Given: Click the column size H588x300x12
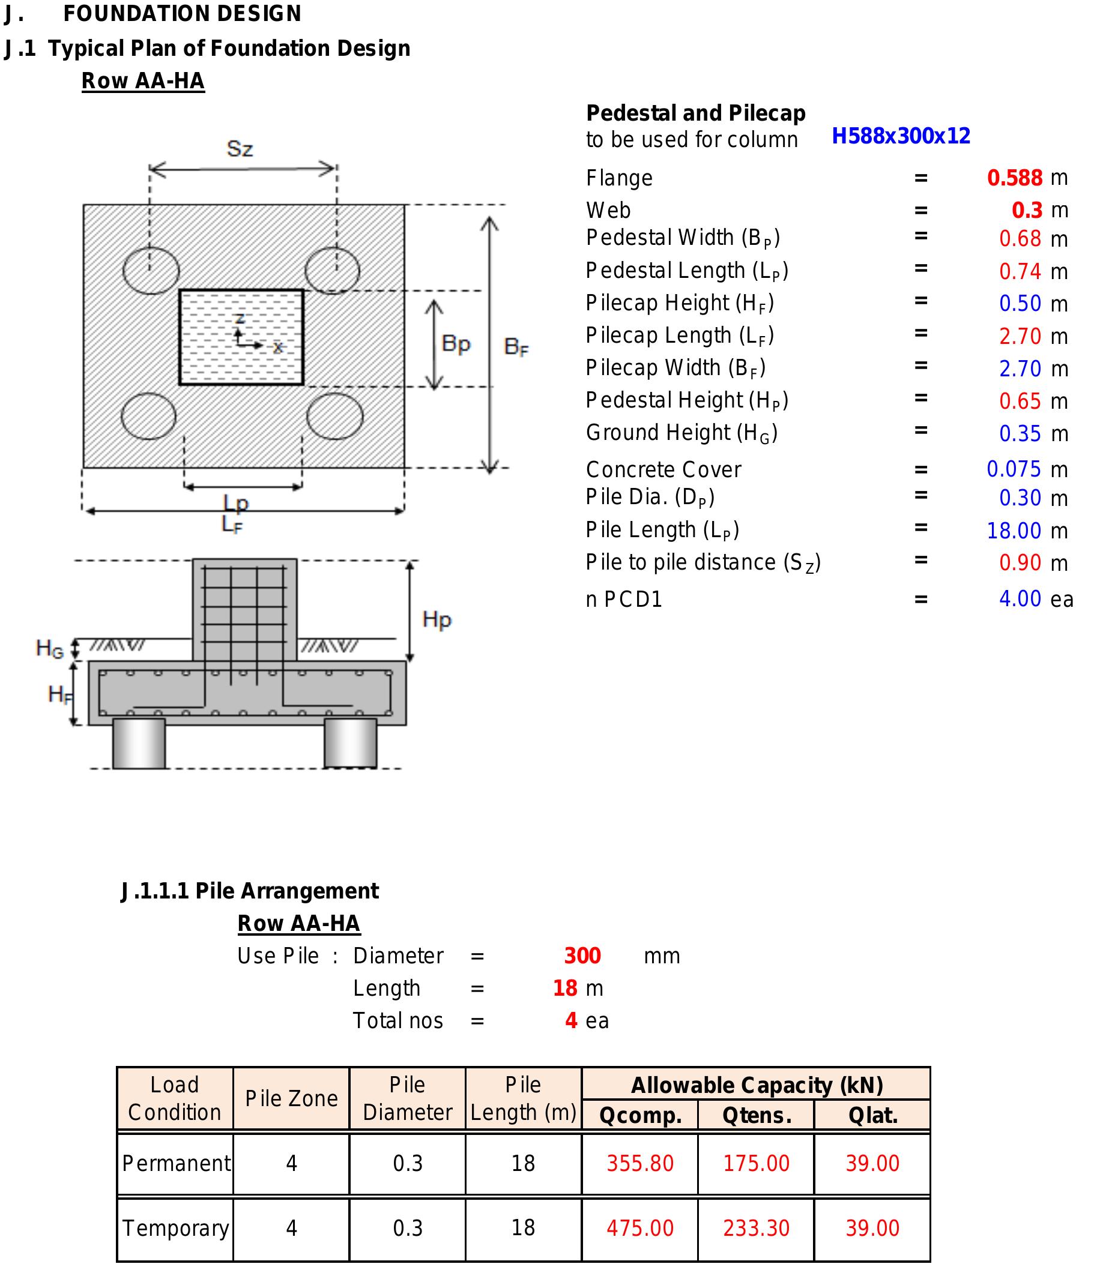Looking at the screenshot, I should point(901,136).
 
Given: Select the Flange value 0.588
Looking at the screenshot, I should point(1015,178).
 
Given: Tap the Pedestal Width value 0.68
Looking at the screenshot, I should point(1020,239).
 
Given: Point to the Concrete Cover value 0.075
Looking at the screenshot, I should point(1014,469).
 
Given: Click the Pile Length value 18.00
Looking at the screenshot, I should point(1014,530).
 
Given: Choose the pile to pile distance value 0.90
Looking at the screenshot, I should point(1020,563).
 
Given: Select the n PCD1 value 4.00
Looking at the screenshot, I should point(1020,598).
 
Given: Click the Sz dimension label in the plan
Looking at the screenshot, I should point(240,149).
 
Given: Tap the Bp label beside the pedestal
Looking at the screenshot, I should point(456,343).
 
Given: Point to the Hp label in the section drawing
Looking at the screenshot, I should point(437,619).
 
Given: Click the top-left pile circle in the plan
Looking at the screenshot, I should point(151,270).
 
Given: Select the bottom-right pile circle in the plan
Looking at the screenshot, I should point(335,417).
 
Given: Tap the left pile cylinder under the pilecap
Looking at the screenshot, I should point(139,742).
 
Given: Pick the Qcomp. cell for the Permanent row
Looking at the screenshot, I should point(640,1163).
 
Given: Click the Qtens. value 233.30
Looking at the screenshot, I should point(756,1228).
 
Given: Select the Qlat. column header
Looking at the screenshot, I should point(872,1115).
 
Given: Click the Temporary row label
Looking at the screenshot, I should point(175,1228).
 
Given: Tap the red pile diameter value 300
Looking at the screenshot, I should point(582,955).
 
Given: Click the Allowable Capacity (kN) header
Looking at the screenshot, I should point(757,1085).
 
